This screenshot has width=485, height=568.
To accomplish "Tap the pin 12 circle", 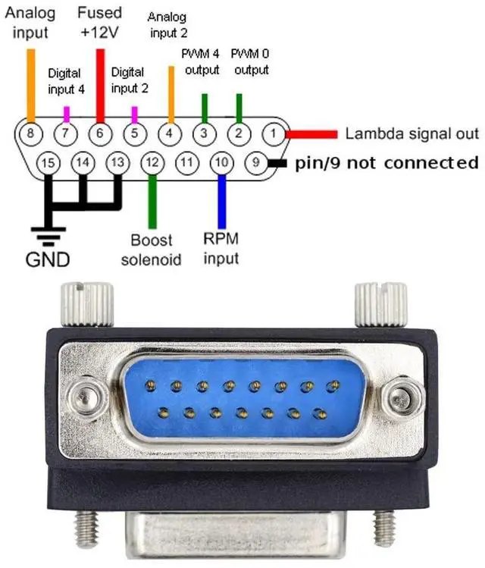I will [152, 162].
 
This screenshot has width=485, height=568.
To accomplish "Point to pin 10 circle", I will [221, 162].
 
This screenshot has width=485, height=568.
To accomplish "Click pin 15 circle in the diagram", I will [48, 162].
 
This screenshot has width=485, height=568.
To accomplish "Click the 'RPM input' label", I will [221, 248].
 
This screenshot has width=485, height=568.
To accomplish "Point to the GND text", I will [48, 259].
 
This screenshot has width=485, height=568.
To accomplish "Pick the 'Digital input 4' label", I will [66, 81].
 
